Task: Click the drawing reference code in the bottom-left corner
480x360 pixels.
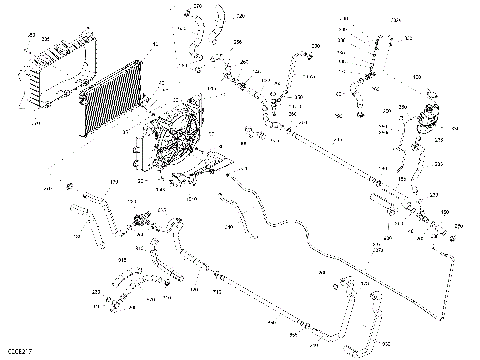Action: (x=19, y=351)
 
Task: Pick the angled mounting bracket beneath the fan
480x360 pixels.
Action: (x=200, y=168)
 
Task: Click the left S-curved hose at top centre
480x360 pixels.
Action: (x=192, y=40)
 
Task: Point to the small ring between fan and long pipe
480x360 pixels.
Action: (x=246, y=129)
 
